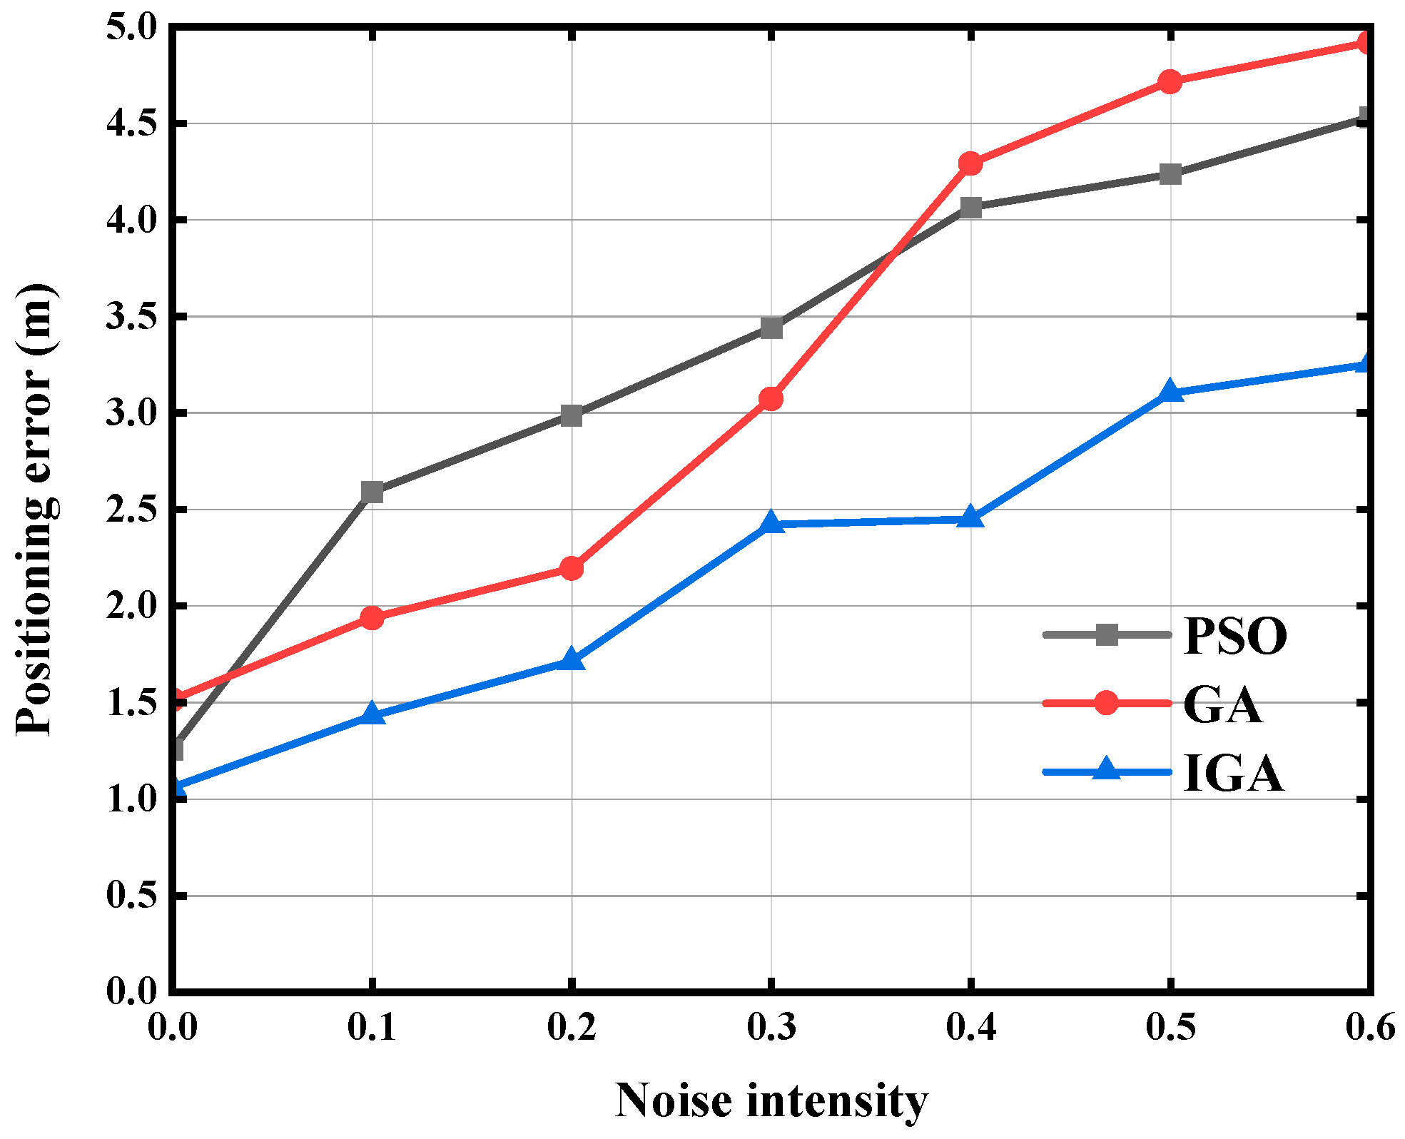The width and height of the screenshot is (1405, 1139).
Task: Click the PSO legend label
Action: (1235, 635)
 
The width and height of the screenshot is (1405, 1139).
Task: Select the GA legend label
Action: (1223, 704)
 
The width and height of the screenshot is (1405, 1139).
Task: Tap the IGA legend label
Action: (1234, 773)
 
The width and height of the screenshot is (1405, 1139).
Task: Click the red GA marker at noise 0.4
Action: (970, 163)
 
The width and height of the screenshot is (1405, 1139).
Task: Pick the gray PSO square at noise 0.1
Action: (372, 492)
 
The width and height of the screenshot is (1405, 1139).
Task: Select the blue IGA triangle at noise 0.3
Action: (771, 523)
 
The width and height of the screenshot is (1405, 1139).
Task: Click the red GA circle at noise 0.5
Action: (1170, 82)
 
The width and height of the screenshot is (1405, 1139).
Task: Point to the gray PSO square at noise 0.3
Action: (771, 328)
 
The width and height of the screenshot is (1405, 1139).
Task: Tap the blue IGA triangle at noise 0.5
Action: (1170, 391)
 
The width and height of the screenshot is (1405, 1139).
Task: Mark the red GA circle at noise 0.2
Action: (571, 569)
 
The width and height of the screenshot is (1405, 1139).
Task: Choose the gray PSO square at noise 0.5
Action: (1170, 173)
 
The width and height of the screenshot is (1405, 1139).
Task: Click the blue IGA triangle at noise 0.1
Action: (372, 714)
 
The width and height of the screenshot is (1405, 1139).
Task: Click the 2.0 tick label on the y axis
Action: (131, 606)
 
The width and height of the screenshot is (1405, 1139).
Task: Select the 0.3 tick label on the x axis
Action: (771, 1028)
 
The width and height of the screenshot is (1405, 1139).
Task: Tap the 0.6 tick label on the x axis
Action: (1369, 1028)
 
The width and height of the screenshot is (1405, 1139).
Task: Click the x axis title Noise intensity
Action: (771, 1100)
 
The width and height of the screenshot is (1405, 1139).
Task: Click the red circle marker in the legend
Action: (1106, 703)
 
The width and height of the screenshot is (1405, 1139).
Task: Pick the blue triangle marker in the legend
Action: (1106, 771)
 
